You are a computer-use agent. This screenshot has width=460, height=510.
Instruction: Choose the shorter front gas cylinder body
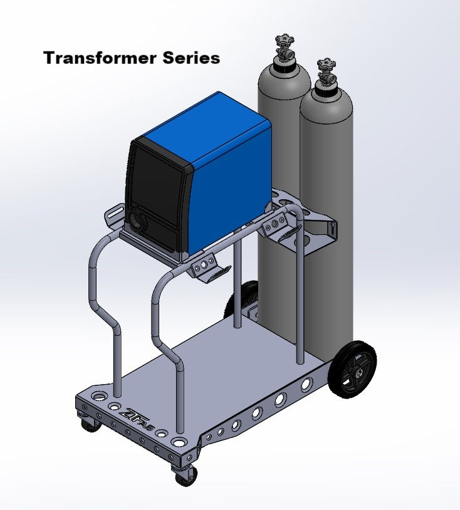pos(326,188)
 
